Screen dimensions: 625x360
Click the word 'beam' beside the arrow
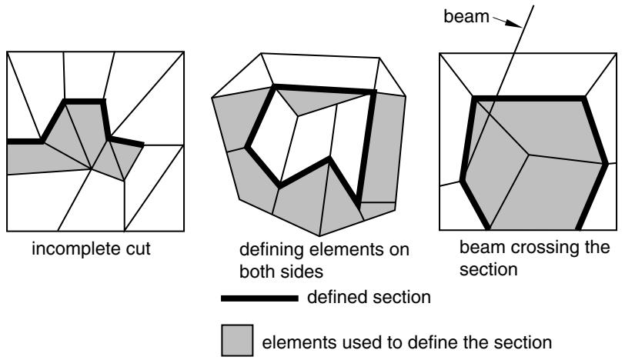pos(466,16)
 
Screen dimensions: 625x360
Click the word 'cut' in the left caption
pos(135,249)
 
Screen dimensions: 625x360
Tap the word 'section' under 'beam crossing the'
pos(488,269)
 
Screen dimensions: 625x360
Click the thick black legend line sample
pos(259,298)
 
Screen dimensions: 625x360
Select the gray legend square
pos(237,340)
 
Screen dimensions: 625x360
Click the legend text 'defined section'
pos(369,298)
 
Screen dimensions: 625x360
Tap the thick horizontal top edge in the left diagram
pos(84,102)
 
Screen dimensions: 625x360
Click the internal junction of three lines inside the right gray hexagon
pos(528,154)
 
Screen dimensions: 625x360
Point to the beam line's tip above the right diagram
pos(533,6)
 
